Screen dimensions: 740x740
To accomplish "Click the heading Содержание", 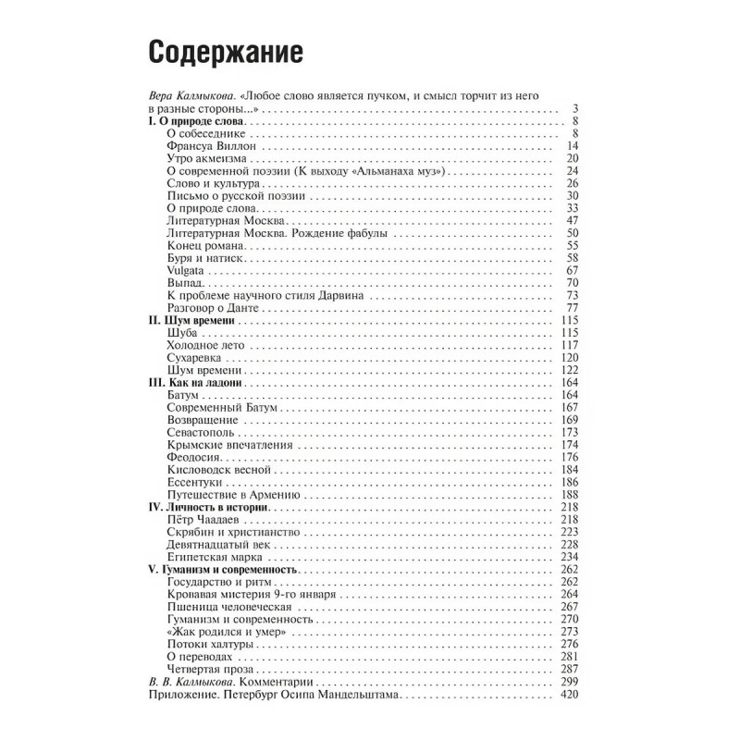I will tap(227, 53).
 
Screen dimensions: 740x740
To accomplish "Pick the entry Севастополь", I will tap(202, 432).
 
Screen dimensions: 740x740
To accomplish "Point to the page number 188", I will tap(568, 495).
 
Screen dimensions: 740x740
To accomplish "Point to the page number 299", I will tap(568, 682).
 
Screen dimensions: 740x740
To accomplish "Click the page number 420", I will tap(568, 695).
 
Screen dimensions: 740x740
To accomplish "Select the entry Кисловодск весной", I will tap(219, 470).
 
